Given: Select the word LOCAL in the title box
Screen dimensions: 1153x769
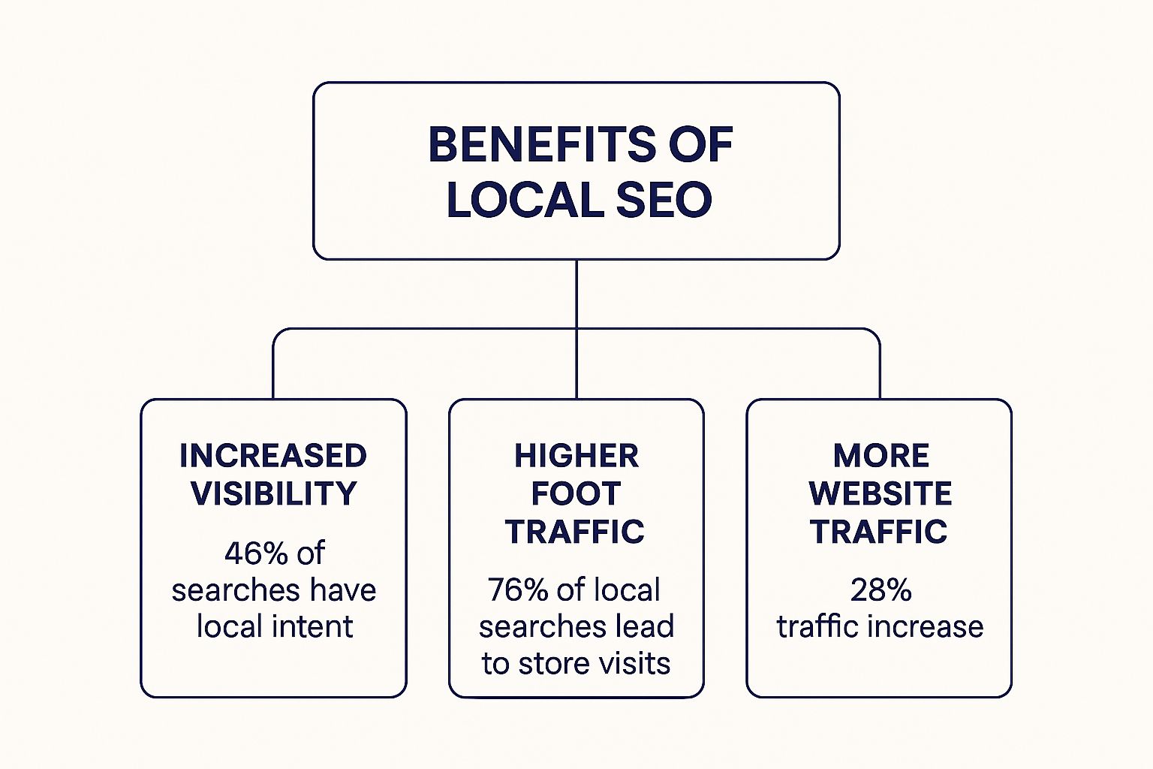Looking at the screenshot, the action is (x=521, y=201).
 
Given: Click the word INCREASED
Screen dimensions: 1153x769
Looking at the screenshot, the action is (x=273, y=456).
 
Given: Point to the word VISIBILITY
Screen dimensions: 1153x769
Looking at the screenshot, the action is (x=273, y=493).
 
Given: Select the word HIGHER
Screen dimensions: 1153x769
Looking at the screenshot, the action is (x=576, y=456).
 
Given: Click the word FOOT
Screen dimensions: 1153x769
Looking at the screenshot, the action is (x=576, y=493).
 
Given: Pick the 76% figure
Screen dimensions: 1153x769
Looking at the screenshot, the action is (x=517, y=590).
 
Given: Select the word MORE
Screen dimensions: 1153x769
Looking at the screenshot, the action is (x=881, y=456).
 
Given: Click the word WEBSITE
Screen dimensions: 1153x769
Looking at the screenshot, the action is (x=881, y=493).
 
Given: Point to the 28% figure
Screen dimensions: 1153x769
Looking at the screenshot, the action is (x=881, y=590).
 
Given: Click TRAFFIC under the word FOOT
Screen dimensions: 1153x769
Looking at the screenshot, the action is (x=575, y=532).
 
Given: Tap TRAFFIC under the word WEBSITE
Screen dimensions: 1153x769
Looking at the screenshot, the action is (x=879, y=532).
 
